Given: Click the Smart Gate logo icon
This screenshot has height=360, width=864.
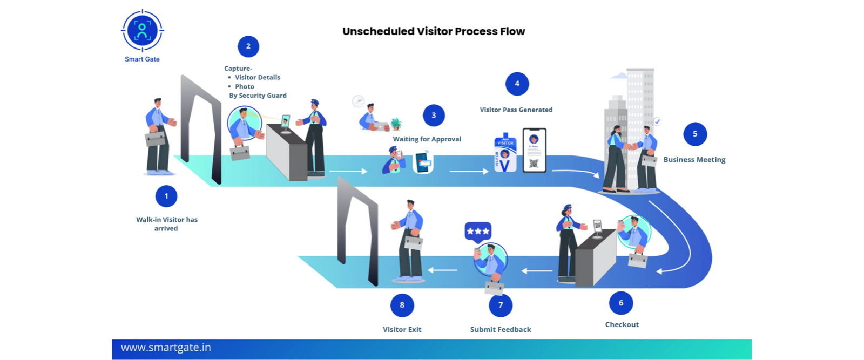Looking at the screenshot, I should click(142, 31).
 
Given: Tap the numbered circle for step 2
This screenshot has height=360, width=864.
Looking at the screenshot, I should click(248, 46).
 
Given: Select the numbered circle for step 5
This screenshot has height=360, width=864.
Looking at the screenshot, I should click(695, 134).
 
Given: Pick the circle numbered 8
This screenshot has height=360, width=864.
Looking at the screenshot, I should click(402, 305).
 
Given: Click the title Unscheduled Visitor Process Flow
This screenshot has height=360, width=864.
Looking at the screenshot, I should click(434, 31).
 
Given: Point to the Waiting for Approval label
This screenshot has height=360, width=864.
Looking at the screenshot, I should click(427, 139).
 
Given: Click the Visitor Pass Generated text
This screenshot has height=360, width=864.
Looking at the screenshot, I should click(516, 110).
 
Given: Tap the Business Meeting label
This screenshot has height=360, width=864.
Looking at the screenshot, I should click(694, 160).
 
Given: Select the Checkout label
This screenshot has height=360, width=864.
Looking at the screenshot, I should click(622, 324).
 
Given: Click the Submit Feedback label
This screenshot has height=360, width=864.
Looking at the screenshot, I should click(500, 329).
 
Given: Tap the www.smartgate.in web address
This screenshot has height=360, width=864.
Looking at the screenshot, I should click(166, 348).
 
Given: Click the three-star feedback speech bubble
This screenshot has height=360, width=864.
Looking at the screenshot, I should click(478, 231).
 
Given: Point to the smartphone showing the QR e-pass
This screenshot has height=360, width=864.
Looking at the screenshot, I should click(534, 150).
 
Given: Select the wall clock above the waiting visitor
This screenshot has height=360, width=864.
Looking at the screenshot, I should click(358, 101).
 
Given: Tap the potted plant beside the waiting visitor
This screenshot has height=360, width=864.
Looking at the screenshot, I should click(396, 124).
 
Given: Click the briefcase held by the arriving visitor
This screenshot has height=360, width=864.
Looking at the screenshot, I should click(156, 138).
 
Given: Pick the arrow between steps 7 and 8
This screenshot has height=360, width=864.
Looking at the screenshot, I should click(443, 270).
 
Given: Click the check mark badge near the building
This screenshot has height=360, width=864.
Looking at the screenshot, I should click(657, 121).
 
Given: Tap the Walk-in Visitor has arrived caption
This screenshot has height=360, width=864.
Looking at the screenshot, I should click(166, 224).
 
